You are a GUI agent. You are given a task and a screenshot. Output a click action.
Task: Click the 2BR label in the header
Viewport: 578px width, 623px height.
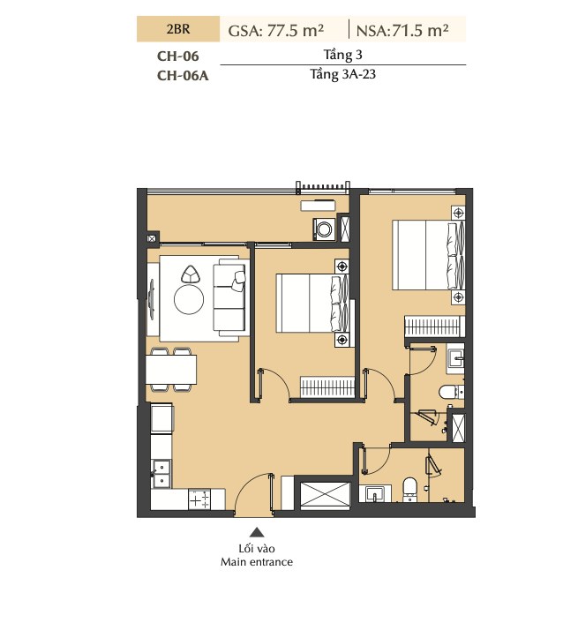178,29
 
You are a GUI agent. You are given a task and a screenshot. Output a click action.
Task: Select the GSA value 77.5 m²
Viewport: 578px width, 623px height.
296,30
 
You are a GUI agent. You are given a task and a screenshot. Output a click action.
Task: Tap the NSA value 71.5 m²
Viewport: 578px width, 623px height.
420,30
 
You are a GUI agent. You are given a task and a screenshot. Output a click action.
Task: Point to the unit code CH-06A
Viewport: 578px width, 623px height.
183,75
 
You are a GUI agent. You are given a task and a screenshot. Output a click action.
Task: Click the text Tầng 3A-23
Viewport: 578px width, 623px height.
342,74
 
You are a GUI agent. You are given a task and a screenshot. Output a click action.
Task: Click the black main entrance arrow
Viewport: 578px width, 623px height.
257,532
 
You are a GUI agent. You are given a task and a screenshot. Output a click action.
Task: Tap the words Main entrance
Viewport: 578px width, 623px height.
257,562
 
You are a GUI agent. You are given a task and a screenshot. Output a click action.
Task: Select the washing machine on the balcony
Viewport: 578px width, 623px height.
325,229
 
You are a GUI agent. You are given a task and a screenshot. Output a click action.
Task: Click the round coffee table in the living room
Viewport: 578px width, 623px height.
189,299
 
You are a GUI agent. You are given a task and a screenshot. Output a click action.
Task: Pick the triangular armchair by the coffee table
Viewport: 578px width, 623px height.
191,274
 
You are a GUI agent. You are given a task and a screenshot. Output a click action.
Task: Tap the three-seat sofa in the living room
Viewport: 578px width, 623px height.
229,299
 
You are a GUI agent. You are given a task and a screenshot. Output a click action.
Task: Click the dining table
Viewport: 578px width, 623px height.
171,369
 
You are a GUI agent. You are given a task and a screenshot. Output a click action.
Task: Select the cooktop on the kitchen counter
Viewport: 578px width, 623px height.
199,499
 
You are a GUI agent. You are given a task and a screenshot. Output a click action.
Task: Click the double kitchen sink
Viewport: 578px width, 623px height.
161,474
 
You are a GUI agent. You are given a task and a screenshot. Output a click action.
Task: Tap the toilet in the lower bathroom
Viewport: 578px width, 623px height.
409,490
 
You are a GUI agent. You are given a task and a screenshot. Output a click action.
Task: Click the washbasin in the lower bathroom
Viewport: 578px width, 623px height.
375,493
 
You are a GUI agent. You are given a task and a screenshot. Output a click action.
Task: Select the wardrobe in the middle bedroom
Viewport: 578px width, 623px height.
327,387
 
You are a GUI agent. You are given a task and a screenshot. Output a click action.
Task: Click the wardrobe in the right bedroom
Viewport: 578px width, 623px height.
434,327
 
